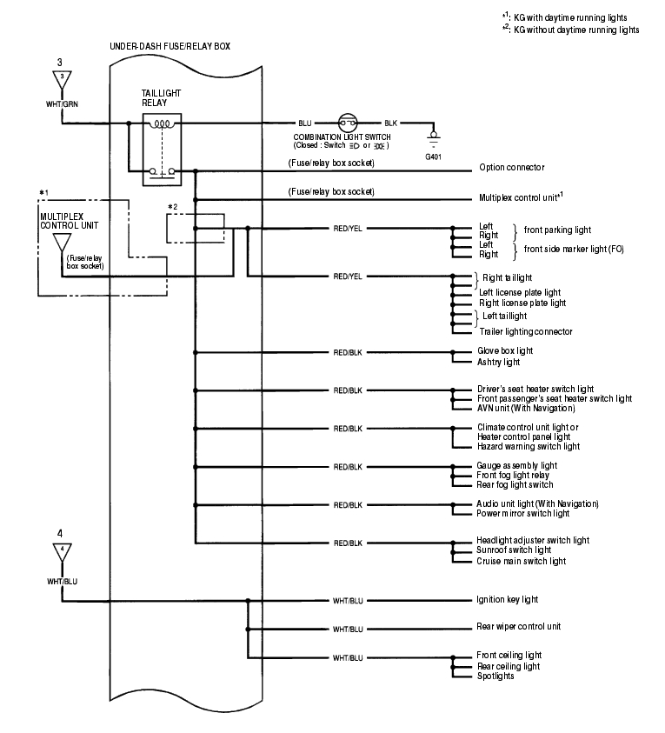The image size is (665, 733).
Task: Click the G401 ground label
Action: pos(433,157)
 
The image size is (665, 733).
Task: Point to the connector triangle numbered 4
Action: pos(61,550)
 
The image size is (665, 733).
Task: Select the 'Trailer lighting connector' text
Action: pos(525,331)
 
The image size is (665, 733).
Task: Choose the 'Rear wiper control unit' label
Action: pos(519,626)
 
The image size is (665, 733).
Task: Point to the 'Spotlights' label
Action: pos(495,676)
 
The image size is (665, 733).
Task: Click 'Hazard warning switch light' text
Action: pos(528,446)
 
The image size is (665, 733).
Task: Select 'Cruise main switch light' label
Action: pos(522,561)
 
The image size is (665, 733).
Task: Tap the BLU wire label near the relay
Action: pos(303,123)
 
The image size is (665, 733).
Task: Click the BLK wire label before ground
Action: pos(390,123)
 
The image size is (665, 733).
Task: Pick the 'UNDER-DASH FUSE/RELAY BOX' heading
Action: pos(170,44)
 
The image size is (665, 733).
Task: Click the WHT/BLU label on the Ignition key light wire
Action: pos(347,600)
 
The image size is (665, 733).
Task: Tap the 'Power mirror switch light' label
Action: pos(522,514)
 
